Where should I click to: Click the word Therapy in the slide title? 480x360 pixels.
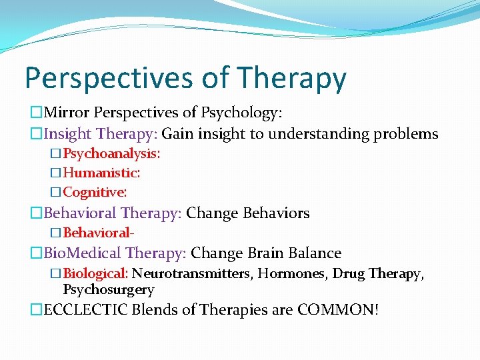291,78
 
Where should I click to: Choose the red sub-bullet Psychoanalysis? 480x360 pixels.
111,153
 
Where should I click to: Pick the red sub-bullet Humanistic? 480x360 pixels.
101,173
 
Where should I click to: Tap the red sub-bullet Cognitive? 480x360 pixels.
95,192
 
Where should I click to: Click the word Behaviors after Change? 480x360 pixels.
275,213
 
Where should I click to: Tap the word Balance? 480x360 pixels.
314,253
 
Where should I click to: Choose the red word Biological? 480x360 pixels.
95,273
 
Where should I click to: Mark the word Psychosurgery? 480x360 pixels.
108,290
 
